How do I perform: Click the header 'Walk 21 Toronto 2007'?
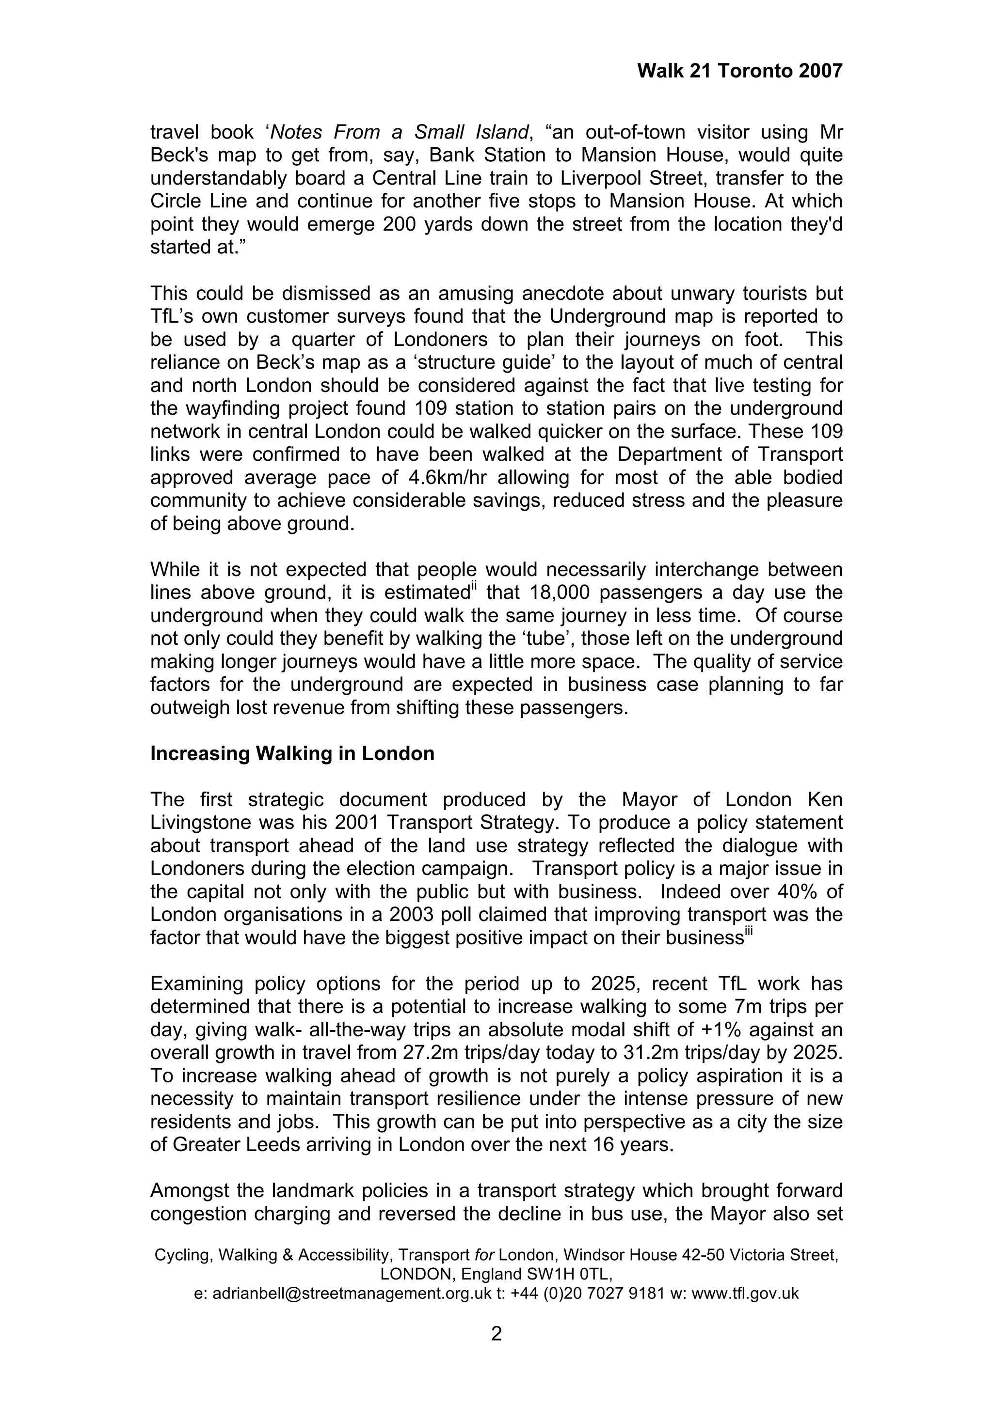[739, 71]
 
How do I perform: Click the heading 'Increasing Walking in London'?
[292, 753]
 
